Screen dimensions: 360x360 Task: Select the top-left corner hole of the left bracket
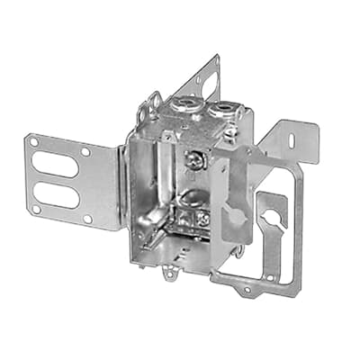point(33,142)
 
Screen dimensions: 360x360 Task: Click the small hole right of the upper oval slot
point(85,153)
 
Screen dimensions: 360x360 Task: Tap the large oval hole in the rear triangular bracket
point(209,85)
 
